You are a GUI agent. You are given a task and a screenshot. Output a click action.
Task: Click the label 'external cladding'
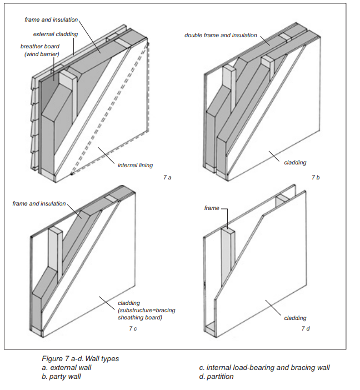click(55, 34)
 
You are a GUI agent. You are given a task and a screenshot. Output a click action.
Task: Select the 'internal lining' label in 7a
click(135, 165)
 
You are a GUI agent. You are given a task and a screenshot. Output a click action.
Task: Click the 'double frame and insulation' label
click(221, 35)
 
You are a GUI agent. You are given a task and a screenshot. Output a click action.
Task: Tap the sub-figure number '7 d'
click(306, 329)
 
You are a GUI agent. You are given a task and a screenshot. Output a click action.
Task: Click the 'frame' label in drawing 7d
click(212, 208)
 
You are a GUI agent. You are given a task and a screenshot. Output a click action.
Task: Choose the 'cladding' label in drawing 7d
click(295, 318)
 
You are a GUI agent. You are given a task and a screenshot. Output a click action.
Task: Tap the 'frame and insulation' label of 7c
click(39, 204)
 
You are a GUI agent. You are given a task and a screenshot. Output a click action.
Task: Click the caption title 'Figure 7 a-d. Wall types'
click(80, 358)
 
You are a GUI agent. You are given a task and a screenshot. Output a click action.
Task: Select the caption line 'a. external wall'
click(67, 367)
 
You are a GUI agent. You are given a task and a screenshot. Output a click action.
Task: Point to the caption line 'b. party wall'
click(61, 376)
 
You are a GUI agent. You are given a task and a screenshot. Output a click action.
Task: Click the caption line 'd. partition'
click(216, 376)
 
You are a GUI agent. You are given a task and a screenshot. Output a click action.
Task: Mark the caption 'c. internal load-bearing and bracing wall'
click(264, 367)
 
